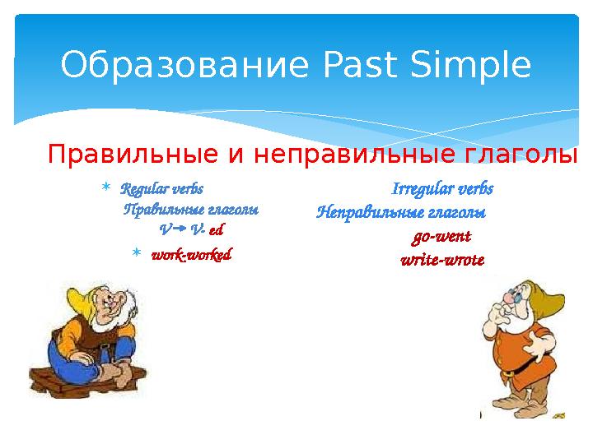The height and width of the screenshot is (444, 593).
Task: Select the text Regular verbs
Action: click(x=161, y=188)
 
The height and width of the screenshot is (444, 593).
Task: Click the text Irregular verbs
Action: click(x=442, y=188)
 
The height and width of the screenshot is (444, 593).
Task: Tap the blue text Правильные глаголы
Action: click(x=190, y=209)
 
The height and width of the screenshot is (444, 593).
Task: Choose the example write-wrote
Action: click(x=442, y=260)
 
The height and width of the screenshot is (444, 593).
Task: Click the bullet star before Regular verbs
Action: click(x=105, y=189)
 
